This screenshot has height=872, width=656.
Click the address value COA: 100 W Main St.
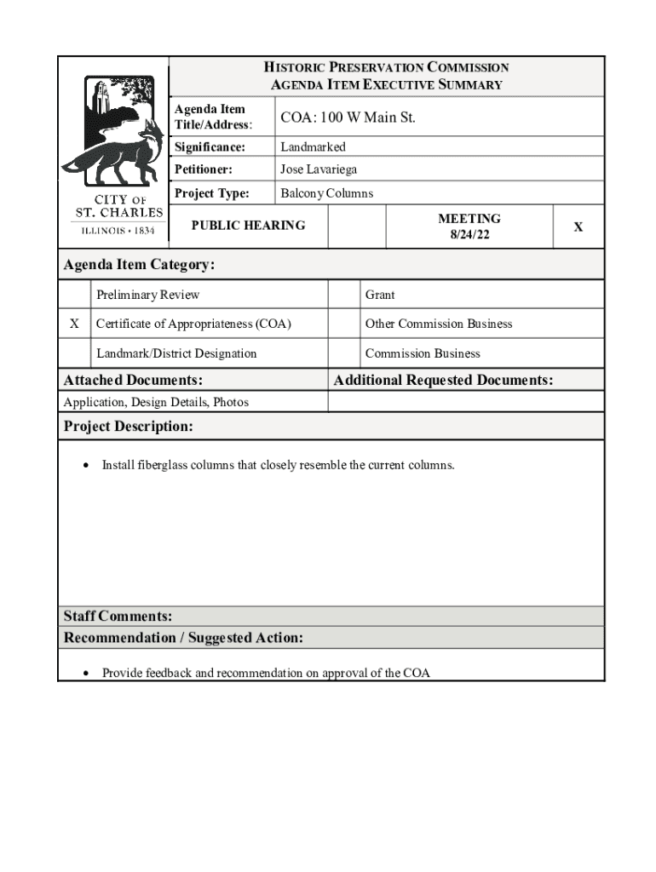348,118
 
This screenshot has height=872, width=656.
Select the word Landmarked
313,147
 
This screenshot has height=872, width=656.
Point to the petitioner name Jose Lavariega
319,169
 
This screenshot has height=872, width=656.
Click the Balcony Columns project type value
326,193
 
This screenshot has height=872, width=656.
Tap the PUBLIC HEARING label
247,225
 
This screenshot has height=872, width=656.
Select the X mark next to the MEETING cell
578,227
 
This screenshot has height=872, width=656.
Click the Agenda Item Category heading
139,265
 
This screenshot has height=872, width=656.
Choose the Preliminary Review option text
147,295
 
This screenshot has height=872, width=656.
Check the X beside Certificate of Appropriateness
75,324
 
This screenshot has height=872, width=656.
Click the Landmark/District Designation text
176,353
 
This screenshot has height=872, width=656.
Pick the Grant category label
380,295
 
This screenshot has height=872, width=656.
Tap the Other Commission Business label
439,324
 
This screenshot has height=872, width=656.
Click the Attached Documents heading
133,380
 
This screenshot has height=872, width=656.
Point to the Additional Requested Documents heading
443,380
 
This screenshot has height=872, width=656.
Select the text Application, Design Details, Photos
156,402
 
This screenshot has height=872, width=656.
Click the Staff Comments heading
118,616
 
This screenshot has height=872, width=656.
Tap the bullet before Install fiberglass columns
86,466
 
